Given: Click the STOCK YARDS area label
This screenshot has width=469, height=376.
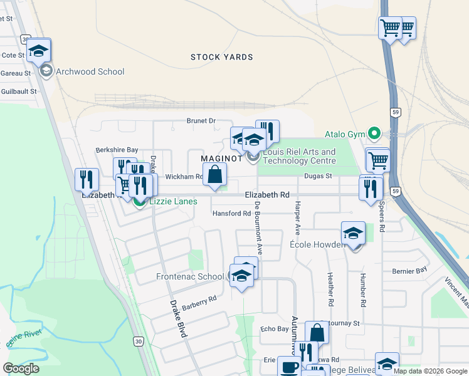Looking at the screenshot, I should pyautogui.click(x=222, y=57).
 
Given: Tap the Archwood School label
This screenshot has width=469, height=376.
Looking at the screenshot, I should pyautogui.click(x=90, y=71).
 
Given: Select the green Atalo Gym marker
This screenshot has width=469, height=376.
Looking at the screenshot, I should pyautogui.click(x=375, y=133).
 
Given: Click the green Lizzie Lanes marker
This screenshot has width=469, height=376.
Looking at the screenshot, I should pyautogui.click(x=139, y=201).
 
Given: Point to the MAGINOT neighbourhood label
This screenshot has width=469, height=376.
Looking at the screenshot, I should pyautogui.click(x=221, y=159).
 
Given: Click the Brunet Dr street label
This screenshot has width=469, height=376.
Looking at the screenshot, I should pyautogui.click(x=201, y=121).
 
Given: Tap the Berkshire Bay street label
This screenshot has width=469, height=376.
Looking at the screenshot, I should pyautogui.click(x=116, y=150).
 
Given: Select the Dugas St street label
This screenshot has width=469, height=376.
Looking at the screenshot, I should pyautogui.click(x=319, y=177).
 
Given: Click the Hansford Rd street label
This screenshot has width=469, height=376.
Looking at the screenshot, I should pyautogui.click(x=231, y=214).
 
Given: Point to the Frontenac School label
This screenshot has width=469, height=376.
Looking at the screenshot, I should pyautogui.click(x=190, y=276).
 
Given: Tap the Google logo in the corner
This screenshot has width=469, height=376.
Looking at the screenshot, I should pyautogui.click(x=21, y=368).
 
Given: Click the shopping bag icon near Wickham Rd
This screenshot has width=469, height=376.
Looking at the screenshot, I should pyautogui.click(x=215, y=175).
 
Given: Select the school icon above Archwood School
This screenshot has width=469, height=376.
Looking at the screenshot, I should pyautogui.click(x=39, y=50).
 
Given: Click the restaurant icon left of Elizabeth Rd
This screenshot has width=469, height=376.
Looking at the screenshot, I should pyautogui.click(x=87, y=179).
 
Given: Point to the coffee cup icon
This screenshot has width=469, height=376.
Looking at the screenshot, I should pyautogui.click(x=289, y=367).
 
